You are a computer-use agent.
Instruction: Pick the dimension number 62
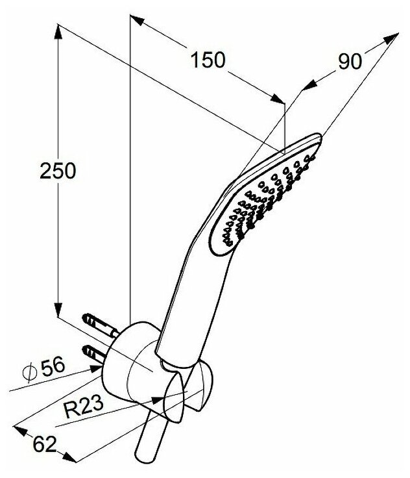click(x=43, y=445)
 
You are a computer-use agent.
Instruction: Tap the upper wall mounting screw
click(x=96, y=322)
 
